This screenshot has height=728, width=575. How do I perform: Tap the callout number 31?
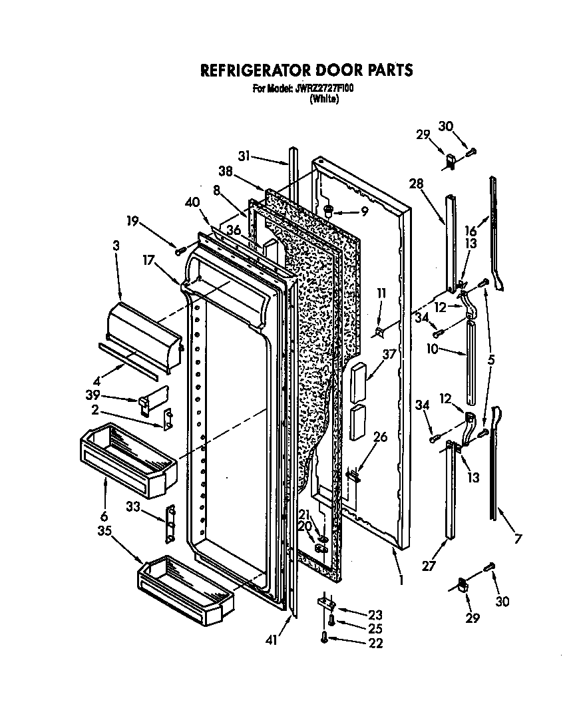tap(244, 157)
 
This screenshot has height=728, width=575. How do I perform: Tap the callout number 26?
tap(379, 437)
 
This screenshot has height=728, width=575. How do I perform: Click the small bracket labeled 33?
tap(170, 524)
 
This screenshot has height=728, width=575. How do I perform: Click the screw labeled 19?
tap(179, 250)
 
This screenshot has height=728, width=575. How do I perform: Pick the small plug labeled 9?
tap(327, 212)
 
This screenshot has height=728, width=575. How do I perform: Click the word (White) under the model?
tap(324, 99)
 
